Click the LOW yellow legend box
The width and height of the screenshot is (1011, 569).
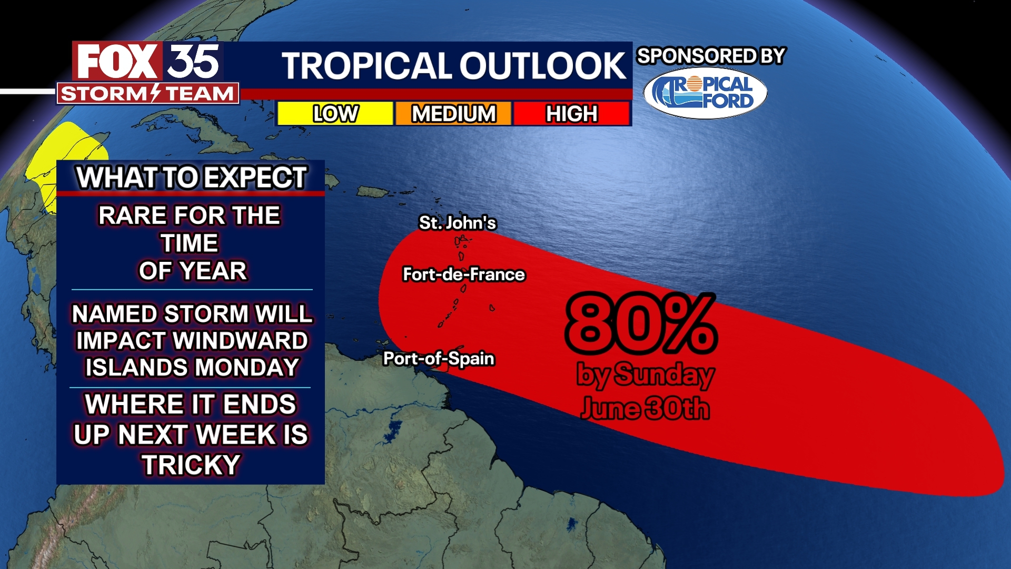tap(335, 113)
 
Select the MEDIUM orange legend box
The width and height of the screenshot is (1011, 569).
tap(453, 113)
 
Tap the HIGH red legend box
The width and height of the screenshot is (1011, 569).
tap(572, 113)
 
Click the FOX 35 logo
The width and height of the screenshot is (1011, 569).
tap(148, 62)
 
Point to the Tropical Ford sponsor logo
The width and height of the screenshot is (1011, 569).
tap(705, 93)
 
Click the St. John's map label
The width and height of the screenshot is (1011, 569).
tap(457, 223)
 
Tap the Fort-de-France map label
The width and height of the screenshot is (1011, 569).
tap(463, 274)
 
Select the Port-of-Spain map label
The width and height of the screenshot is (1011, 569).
tap(439, 359)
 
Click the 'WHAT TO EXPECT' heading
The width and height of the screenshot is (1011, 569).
tap(191, 178)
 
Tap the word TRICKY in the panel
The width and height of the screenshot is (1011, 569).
tap(191, 465)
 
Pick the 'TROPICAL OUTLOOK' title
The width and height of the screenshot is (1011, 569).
tap(453, 66)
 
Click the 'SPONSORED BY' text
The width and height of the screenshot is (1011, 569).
tap(711, 56)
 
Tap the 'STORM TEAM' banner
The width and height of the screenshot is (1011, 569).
tap(148, 94)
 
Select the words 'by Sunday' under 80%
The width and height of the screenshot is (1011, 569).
tap(645, 375)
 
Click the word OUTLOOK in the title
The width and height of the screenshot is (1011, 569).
tap(543, 66)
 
